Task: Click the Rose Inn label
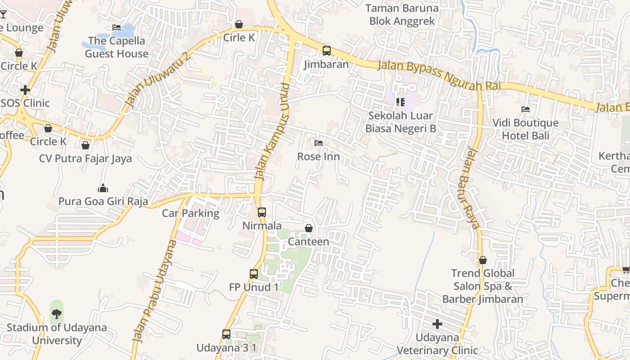[x=318, y=157]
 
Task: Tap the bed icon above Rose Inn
[x=319, y=143]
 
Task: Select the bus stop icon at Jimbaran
[x=326, y=51]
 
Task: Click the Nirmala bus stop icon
[x=261, y=212]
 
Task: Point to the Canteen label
[x=308, y=242]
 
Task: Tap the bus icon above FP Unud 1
[x=254, y=274]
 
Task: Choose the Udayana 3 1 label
[x=226, y=348]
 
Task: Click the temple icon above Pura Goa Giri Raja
[x=103, y=188]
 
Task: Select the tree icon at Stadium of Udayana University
[x=57, y=314]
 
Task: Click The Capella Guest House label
[x=117, y=47]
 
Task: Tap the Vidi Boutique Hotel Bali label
[x=526, y=129]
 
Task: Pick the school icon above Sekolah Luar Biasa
[x=400, y=102]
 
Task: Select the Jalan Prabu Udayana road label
[x=153, y=290]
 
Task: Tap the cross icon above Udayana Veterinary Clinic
[x=437, y=324]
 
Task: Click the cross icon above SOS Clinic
[x=25, y=90]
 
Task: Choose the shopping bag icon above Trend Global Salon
[x=483, y=260]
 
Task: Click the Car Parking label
[x=190, y=213]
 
